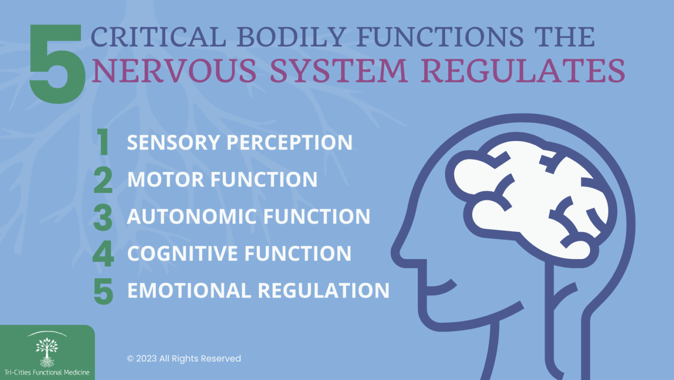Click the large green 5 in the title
(57, 64)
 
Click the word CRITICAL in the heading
(158, 37)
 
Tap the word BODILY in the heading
(291, 37)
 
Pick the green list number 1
(103, 142)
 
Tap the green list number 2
(103, 179)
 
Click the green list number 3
(103, 217)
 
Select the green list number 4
(103, 253)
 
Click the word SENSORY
(174, 142)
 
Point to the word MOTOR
(166, 179)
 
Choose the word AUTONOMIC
(192, 216)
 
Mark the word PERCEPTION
(289, 142)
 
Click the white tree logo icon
(47, 352)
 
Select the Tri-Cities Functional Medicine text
(47, 373)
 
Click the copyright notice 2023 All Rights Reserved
(184, 358)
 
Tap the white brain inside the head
(531, 199)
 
